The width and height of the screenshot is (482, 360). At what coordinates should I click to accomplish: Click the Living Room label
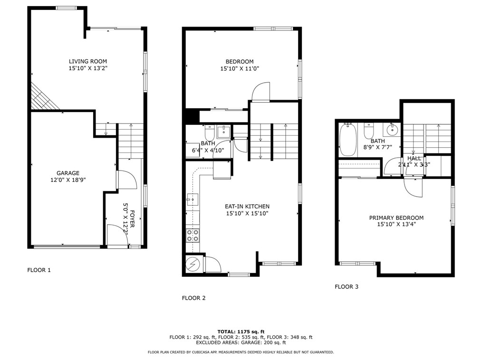pyautogui.click(x=88, y=61)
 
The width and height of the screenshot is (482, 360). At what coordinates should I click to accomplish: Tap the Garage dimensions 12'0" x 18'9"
pyautogui.click(x=68, y=180)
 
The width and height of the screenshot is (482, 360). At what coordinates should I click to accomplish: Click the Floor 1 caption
pyautogui.click(x=39, y=270)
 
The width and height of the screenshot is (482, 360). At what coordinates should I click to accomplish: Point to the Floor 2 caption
pyautogui.click(x=193, y=298)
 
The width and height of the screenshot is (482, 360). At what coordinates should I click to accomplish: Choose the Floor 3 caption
pyautogui.click(x=347, y=287)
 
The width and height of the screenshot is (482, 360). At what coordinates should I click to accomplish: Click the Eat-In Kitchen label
pyautogui.click(x=247, y=207)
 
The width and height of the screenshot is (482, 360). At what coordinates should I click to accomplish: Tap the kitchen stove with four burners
pyautogui.click(x=193, y=235)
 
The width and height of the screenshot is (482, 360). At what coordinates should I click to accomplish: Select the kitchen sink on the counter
pyautogui.click(x=192, y=200)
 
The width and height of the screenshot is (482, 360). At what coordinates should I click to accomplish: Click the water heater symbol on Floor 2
pyautogui.click(x=193, y=265)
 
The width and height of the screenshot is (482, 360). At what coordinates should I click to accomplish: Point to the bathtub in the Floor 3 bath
pyautogui.click(x=348, y=140)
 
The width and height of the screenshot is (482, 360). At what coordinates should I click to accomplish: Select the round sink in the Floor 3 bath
pyautogui.click(x=392, y=129)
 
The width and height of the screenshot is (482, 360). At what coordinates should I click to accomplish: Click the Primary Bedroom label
pyautogui.click(x=396, y=218)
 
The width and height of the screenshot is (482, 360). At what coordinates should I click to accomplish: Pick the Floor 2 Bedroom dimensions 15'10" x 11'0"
pyautogui.click(x=240, y=69)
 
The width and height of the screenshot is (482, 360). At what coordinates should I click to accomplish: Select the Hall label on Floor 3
pyautogui.click(x=414, y=158)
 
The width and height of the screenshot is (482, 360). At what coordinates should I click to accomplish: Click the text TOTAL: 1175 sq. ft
pyautogui.click(x=241, y=332)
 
